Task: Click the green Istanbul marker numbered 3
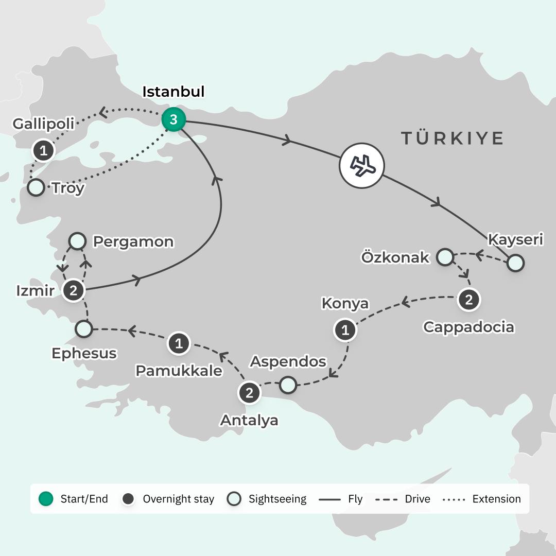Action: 173,120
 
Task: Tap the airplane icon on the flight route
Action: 361,165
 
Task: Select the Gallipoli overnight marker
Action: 44,151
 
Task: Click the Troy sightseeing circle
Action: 36,187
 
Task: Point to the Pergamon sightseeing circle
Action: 77,240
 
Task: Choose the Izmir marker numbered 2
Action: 73,291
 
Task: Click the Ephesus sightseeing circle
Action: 83,328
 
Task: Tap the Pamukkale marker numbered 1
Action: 179,343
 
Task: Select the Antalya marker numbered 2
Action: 249,393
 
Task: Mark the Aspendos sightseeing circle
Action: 288,385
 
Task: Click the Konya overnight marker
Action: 345,330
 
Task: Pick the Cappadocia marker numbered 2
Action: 468,300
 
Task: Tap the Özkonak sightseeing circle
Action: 445,256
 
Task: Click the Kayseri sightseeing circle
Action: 515,263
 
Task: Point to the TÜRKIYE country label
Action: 452,138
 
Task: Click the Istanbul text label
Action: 173,92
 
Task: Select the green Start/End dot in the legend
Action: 46,499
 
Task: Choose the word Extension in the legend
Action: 496,499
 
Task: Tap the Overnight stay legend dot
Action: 129,499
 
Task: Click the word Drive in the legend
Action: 416,499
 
